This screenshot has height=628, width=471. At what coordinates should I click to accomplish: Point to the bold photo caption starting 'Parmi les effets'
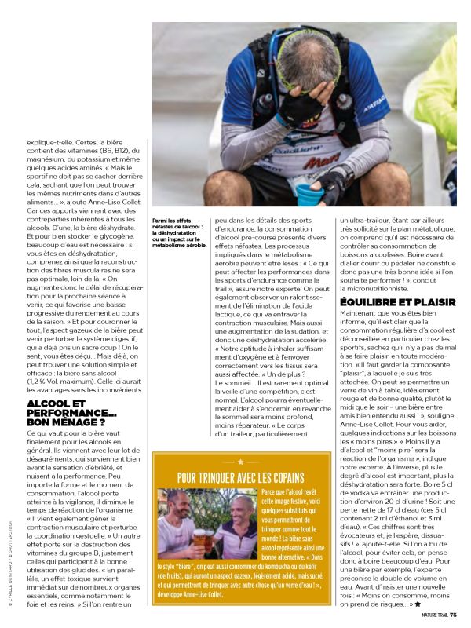(x=180, y=233)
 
